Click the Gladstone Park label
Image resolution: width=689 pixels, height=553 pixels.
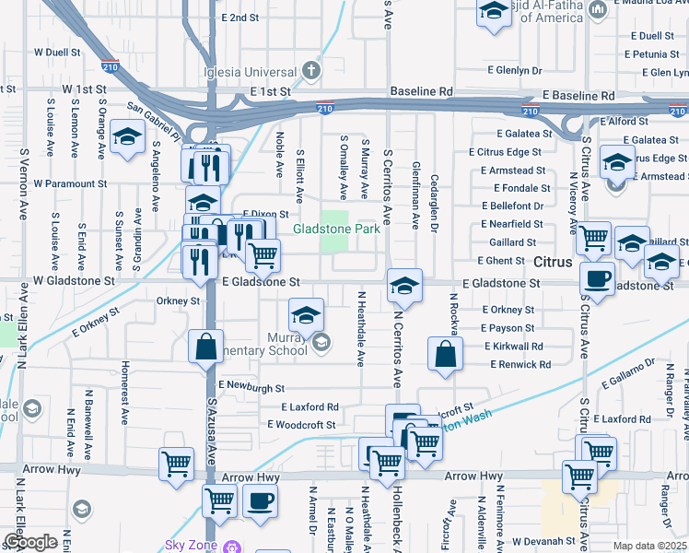point(336,229)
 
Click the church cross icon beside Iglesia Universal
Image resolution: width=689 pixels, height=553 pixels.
point(311,70)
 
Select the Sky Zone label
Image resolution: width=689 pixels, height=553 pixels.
point(192,545)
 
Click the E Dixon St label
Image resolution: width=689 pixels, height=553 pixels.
point(266,213)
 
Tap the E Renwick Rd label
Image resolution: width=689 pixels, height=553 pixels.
point(520,364)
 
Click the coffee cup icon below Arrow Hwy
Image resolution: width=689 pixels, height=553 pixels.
point(260,502)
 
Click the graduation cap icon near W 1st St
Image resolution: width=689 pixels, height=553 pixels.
point(126,137)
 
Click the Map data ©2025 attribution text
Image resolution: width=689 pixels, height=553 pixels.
point(650,546)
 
